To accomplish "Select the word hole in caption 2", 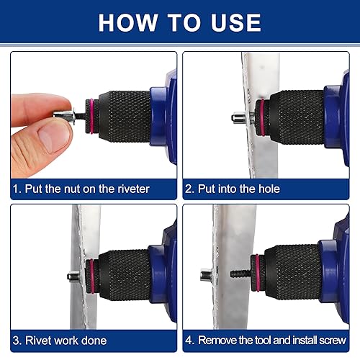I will (266, 189).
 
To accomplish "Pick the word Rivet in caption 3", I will (39, 341).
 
